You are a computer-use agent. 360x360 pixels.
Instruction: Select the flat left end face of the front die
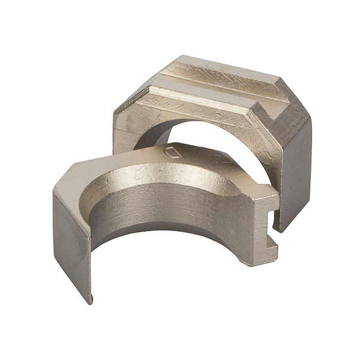(71, 240)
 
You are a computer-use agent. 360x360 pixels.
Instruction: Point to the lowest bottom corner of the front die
(91, 301)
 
